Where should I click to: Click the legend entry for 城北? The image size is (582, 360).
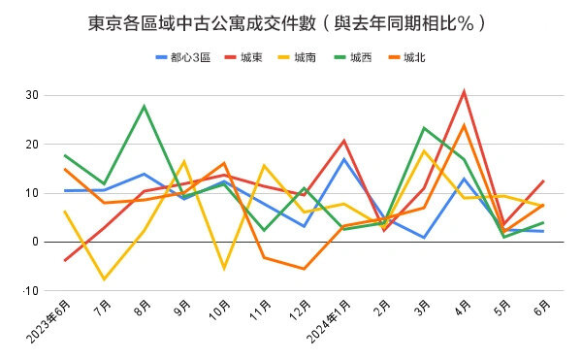tap(414, 57)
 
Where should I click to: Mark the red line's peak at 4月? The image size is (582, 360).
tap(465, 92)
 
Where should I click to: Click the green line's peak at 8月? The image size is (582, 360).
tap(145, 106)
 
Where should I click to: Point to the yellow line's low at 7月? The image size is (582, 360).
tap(104, 279)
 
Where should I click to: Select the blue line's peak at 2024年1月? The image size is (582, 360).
tap(344, 159)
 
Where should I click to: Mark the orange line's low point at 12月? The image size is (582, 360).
tap(304, 269)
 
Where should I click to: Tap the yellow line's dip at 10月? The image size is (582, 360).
tap(224, 268)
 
